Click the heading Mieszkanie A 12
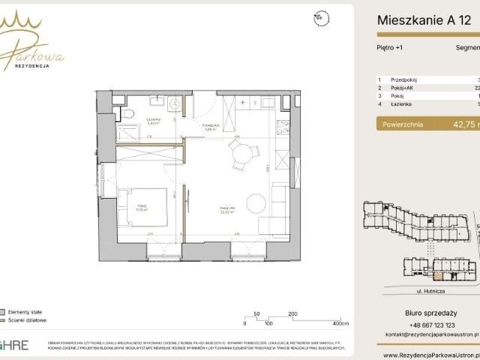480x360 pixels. click(424, 20)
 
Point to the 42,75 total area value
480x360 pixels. click(460, 124)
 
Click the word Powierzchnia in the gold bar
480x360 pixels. click(403, 124)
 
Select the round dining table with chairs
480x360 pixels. click(241, 154)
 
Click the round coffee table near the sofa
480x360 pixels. click(256, 203)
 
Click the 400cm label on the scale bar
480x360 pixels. click(340, 323)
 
